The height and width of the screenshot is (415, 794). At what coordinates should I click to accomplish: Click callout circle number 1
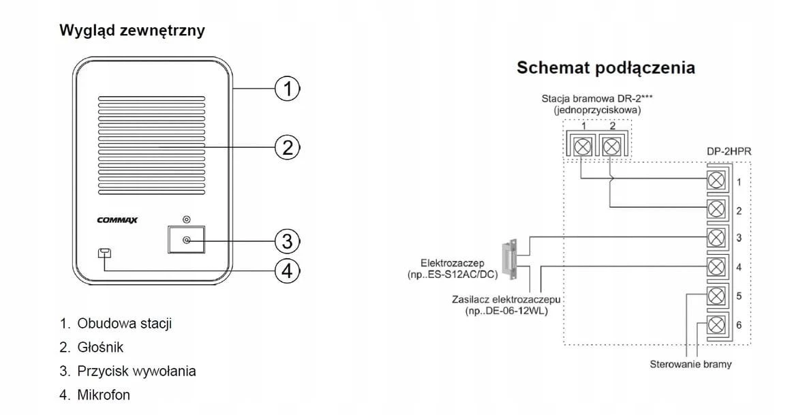click(287, 89)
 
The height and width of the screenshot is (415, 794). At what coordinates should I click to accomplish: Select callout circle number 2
click(287, 148)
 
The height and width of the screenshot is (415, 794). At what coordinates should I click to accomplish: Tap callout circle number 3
click(287, 241)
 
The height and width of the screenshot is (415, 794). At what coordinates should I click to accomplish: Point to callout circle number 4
click(287, 271)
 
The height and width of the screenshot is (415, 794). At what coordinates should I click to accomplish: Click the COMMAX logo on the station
click(117, 220)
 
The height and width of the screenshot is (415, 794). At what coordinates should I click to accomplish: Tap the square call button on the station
click(186, 239)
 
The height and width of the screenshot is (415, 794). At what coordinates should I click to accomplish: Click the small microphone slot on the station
click(105, 253)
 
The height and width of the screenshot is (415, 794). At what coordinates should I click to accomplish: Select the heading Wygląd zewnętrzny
click(132, 31)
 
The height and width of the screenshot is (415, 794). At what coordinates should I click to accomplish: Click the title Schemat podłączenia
click(606, 68)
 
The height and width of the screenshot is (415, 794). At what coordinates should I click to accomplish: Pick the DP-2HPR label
click(729, 151)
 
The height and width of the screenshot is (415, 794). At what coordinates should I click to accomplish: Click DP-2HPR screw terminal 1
click(716, 180)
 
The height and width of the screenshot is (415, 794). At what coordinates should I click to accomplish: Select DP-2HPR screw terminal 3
click(716, 237)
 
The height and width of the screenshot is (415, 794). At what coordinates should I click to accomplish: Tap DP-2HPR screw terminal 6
click(716, 325)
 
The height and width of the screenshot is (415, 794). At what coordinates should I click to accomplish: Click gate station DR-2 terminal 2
click(612, 147)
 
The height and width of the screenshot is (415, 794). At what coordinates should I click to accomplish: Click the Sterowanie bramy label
click(690, 365)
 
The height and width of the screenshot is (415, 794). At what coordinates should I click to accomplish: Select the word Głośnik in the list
click(100, 347)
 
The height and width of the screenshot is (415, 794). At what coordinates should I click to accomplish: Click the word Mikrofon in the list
click(104, 395)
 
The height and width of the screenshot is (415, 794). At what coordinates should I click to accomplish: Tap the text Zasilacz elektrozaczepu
click(506, 300)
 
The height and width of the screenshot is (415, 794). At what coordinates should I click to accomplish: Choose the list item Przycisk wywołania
click(136, 371)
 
